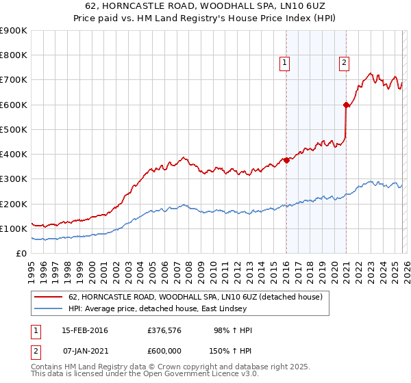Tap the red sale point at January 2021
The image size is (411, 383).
click(x=346, y=105)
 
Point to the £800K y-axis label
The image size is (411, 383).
click(x=13, y=55)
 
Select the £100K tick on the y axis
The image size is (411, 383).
click(x=13, y=228)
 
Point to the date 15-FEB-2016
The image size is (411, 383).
click(x=85, y=330)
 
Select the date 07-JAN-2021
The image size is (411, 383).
click(x=85, y=349)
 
